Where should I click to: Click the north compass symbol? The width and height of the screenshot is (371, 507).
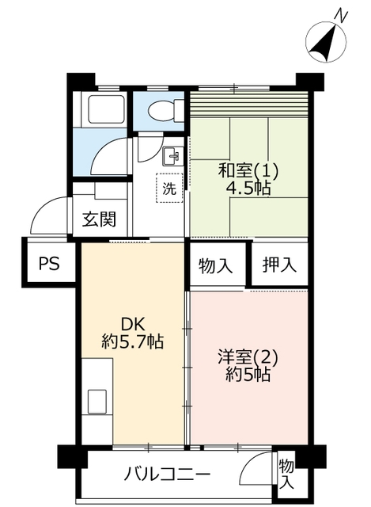pyautogui.click(x=326, y=42)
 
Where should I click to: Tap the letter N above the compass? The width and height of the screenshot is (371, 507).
pyautogui.click(x=341, y=15)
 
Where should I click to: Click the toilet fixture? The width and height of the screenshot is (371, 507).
pyautogui.click(x=166, y=111)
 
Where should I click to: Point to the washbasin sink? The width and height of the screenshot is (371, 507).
pyautogui.click(x=173, y=156)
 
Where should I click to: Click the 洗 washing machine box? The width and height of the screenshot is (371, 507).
pyautogui.click(x=169, y=189)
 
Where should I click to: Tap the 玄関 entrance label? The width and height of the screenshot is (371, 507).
pyautogui.click(x=99, y=219)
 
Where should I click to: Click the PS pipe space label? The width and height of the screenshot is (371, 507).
pyautogui.click(x=49, y=263)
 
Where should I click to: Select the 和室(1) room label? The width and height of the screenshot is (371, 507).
pyautogui.click(x=248, y=171)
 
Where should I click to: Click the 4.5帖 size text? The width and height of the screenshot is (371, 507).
pyautogui.click(x=248, y=189)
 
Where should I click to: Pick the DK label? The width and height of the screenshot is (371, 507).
pyautogui.click(x=133, y=324)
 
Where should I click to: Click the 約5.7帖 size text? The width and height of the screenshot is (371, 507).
pyautogui.click(x=132, y=341)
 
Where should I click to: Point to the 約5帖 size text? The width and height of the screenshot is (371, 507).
pyautogui.click(x=248, y=375)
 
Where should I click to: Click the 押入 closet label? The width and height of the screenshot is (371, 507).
pyautogui.click(x=279, y=265)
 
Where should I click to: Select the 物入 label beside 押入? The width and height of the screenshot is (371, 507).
pyautogui.click(x=215, y=266)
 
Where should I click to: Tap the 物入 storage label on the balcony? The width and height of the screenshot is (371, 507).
pyautogui.click(x=286, y=475)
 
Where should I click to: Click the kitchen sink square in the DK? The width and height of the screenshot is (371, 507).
pyautogui.click(x=97, y=402)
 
